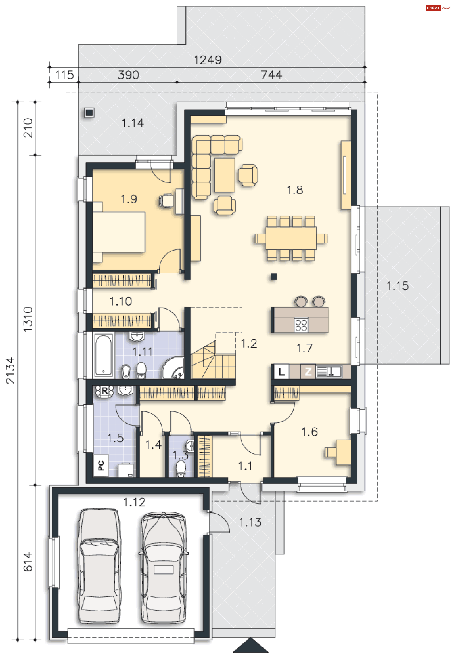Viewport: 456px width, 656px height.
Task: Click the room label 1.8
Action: (x=295, y=190)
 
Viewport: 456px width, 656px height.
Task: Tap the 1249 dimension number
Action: (x=208, y=60)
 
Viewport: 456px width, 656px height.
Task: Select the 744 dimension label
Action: (x=271, y=75)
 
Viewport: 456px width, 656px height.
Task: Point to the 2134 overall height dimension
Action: (x=10, y=370)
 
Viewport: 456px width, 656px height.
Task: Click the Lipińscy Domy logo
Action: (x=438, y=8)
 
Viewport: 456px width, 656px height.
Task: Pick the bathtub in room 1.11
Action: (x=103, y=355)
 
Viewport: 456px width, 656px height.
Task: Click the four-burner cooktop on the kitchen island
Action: (x=301, y=325)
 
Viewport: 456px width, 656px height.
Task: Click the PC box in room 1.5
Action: (x=101, y=465)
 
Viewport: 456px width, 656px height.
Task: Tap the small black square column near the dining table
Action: (x=274, y=276)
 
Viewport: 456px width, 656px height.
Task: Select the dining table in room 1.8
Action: (x=291, y=238)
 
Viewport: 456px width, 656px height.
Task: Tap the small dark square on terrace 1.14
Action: (x=89, y=113)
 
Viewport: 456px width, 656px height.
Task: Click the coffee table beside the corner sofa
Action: (x=225, y=175)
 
